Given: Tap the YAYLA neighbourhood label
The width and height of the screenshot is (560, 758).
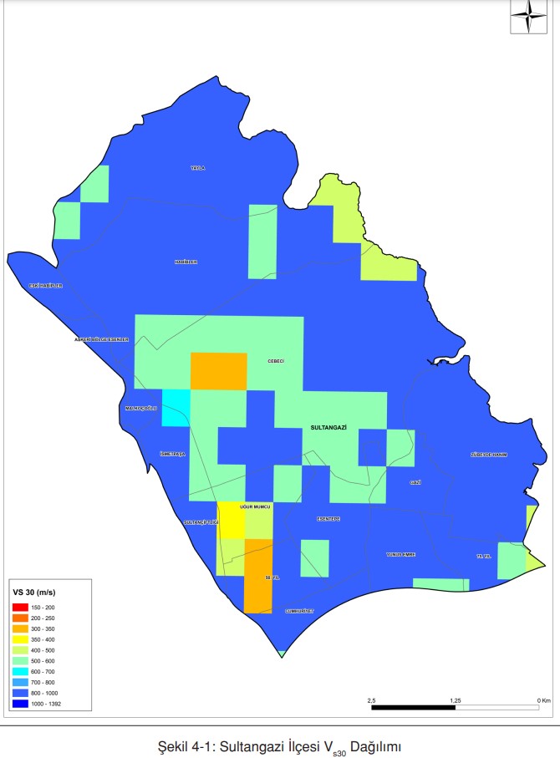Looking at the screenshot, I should (x=197, y=168).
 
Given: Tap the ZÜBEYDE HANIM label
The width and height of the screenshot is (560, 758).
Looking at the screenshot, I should (x=488, y=455).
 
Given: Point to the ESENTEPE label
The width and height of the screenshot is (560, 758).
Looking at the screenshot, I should (x=328, y=518).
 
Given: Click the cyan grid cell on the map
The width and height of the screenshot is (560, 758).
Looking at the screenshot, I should (x=176, y=409).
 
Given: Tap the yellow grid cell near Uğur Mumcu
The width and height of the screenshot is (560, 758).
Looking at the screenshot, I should (x=231, y=520).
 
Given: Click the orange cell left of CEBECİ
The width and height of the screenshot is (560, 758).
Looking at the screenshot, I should (x=219, y=371).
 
